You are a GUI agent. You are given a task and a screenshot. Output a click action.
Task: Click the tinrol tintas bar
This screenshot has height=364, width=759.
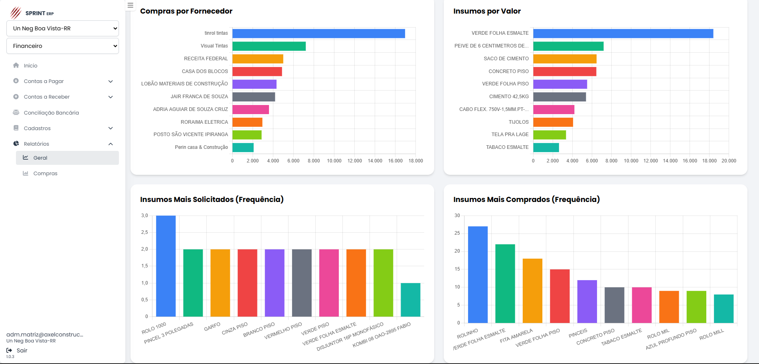coord(318,34)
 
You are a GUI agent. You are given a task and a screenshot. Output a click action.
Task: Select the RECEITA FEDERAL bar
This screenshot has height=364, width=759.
coord(258,59)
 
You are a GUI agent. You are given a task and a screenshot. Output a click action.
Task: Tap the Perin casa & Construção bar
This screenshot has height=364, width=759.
coord(243,148)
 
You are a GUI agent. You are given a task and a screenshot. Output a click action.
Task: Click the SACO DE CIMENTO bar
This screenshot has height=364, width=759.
coord(565,59)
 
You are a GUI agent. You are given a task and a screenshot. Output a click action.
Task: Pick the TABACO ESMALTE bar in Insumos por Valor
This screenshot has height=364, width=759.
coord(546,148)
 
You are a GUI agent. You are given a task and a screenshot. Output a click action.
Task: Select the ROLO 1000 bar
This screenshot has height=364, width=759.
coord(166,266)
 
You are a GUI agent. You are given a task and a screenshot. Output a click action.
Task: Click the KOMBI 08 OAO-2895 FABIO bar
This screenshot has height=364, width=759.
coord(410,300)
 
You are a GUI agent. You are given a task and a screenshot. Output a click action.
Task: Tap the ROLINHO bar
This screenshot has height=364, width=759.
coord(478,275)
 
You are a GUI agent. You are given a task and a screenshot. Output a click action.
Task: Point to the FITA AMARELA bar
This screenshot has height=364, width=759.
coord(532,291)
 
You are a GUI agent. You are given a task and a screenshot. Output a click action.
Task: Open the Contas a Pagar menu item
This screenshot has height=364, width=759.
coord(44,81)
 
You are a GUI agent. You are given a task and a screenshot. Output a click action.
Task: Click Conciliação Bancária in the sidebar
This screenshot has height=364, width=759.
coord(51,113)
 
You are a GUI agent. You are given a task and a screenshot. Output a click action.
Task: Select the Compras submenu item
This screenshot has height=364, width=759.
coord(45,174)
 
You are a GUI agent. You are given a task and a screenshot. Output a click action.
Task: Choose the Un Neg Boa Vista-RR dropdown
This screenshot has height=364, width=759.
coord(63,29)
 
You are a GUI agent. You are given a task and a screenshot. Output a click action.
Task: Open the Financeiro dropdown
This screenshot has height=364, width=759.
coord(63,46)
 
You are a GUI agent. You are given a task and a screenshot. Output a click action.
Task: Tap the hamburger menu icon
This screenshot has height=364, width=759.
coord(130,6)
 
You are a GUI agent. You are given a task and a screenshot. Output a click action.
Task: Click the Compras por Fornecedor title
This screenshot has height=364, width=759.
coord(186,11)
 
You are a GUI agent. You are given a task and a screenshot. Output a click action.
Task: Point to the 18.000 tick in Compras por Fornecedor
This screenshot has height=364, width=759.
coord(415,161)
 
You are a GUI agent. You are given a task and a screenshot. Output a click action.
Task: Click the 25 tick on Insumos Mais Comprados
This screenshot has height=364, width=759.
coord(457,233)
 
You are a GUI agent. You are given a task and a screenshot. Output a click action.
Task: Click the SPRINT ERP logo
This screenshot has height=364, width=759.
coord(32,13)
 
